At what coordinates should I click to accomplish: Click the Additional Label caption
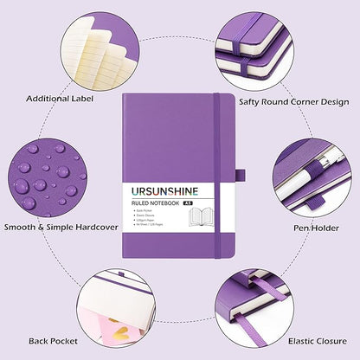pos(60,98)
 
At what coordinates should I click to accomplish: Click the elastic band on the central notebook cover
pos(220,173)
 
